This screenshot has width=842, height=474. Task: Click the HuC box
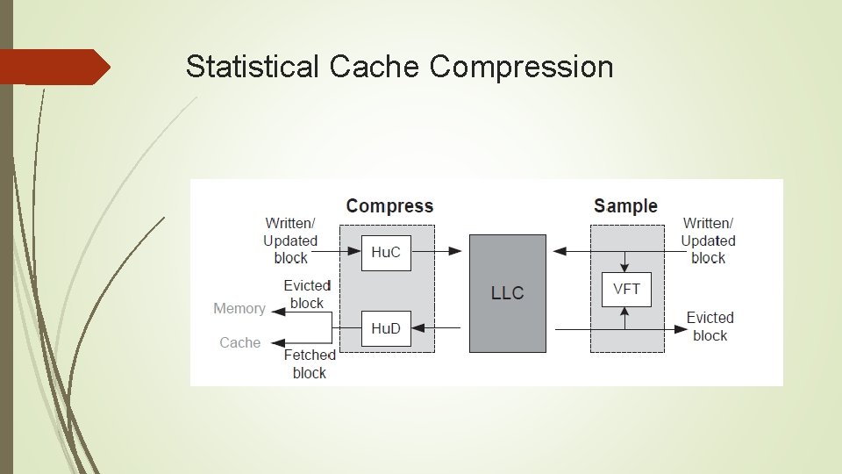(386, 253)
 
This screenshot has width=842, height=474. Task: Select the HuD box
(386, 328)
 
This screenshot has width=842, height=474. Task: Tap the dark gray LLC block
(507, 293)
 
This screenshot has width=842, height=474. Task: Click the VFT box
(626, 289)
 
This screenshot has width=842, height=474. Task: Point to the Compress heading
(389, 206)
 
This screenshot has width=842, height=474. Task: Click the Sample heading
(625, 206)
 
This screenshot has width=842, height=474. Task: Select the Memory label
(239, 309)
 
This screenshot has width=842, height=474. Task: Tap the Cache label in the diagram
(239, 342)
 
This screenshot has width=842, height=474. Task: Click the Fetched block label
(309, 364)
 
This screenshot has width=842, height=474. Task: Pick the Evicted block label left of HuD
(306, 295)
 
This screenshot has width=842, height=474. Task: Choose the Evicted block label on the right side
(710, 327)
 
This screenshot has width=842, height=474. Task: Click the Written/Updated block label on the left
(290, 241)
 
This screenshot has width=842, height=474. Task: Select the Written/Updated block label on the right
(708, 241)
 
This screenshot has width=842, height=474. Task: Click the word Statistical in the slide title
(253, 67)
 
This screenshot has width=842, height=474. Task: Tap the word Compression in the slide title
(522, 67)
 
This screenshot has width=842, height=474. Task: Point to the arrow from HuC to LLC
(437, 252)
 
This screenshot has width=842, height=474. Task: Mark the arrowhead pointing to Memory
(276, 310)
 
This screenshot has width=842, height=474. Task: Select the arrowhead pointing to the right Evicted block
(680, 329)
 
